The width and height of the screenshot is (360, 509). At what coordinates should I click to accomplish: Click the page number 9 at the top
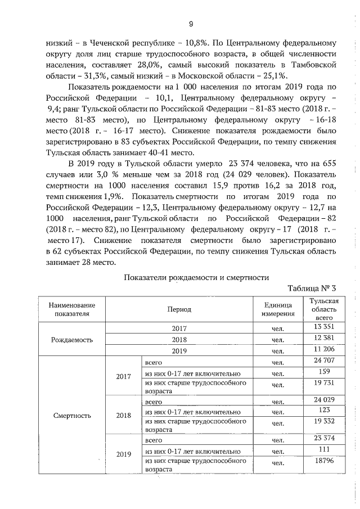[x=191, y=24]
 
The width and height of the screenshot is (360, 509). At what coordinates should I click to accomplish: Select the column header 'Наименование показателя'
[x=72, y=309]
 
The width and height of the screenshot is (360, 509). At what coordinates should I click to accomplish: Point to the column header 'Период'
[x=179, y=309]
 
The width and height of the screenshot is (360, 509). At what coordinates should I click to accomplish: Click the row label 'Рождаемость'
[x=72, y=340]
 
